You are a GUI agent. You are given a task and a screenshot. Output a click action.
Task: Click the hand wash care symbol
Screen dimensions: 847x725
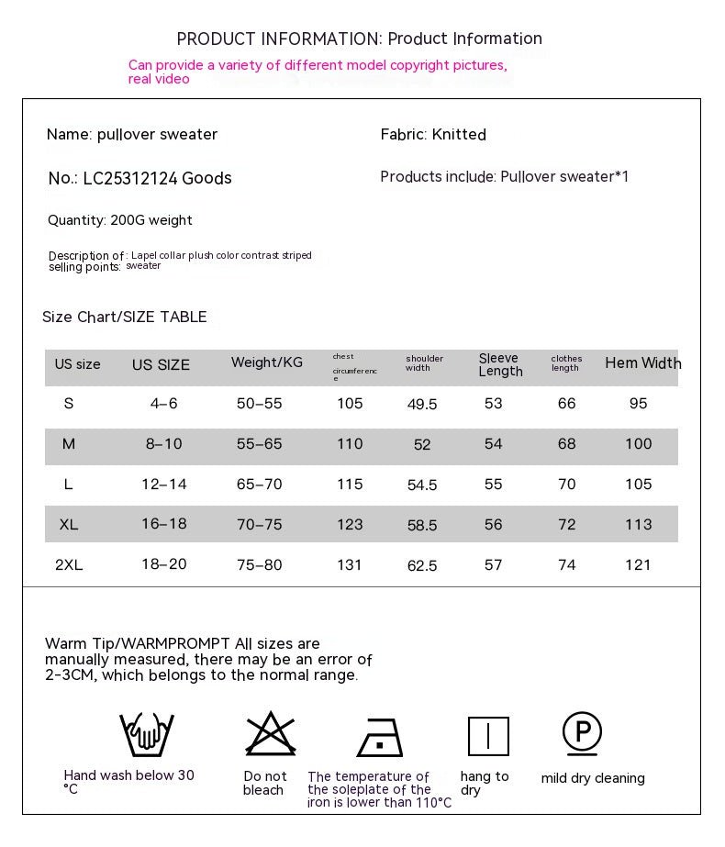[146, 734]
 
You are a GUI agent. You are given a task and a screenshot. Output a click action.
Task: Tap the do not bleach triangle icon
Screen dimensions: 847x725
[270, 734]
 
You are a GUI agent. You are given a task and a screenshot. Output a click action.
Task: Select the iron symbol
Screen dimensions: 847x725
[379, 737]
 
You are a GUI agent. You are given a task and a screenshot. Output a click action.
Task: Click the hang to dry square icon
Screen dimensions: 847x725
[487, 736]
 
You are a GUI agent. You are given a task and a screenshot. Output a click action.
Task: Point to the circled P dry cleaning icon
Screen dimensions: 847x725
[582, 733]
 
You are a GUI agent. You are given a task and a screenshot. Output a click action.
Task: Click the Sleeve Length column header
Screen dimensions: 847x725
[500, 364]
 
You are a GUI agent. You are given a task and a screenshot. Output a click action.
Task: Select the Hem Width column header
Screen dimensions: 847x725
[642, 363]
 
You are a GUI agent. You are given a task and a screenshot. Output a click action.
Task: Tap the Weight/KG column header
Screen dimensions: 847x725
[266, 362]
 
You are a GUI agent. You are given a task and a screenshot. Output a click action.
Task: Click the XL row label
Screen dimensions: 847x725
[69, 525]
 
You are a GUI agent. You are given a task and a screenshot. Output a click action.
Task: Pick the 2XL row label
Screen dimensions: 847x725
[69, 565]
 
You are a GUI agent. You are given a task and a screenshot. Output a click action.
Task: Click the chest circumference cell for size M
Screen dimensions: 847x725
[350, 444]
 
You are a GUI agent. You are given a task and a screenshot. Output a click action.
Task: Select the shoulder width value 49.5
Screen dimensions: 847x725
[422, 405]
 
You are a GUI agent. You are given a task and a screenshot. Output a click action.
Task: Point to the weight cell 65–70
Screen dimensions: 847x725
[260, 485]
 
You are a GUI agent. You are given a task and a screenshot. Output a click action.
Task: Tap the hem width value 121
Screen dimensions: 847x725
[638, 565]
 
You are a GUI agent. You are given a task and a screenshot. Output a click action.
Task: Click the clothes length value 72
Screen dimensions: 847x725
[567, 525]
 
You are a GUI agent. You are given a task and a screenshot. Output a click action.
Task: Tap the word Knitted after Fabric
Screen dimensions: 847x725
[459, 135]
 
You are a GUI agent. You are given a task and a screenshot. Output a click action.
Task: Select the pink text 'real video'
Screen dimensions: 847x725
[159, 80]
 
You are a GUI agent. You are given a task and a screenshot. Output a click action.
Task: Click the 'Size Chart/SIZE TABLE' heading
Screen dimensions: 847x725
[125, 318]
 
